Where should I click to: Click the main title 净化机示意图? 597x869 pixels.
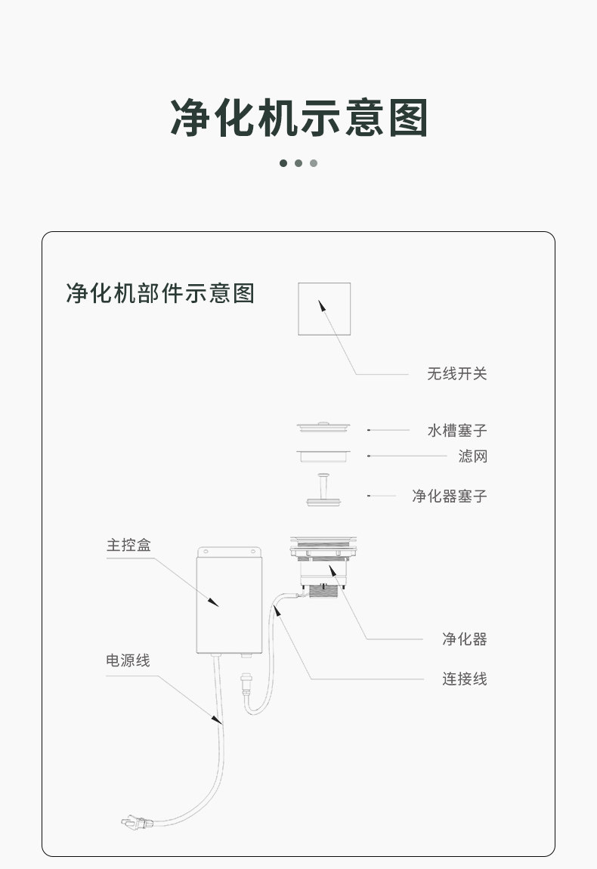click(x=298, y=118)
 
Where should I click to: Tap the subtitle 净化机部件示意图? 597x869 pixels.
click(x=160, y=293)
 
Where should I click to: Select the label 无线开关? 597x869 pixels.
click(x=457, y=373)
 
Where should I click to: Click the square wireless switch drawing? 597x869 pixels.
click(x=324, y=308)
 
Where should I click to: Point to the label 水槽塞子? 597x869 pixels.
click(x=457, y=431)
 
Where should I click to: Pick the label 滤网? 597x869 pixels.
click(x=472, y=456)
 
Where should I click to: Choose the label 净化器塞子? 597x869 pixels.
click(x=450, y=496)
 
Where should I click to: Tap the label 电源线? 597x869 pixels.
click(x=128, y=661)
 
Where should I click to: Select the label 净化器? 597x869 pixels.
click(x=465, y=639)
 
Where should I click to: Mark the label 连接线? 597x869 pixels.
click(x=465, y=679)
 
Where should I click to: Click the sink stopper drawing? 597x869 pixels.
click(x=324, y=428)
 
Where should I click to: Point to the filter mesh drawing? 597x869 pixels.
click(x=324, y=456)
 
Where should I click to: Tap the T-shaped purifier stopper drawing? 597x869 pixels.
click(x=324, y=491)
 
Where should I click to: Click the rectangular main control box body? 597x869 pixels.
click(x=228, y=605)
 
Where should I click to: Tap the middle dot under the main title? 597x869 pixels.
click(x=298, y=163)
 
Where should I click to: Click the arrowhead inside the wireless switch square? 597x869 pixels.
click(x=321, y=304)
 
